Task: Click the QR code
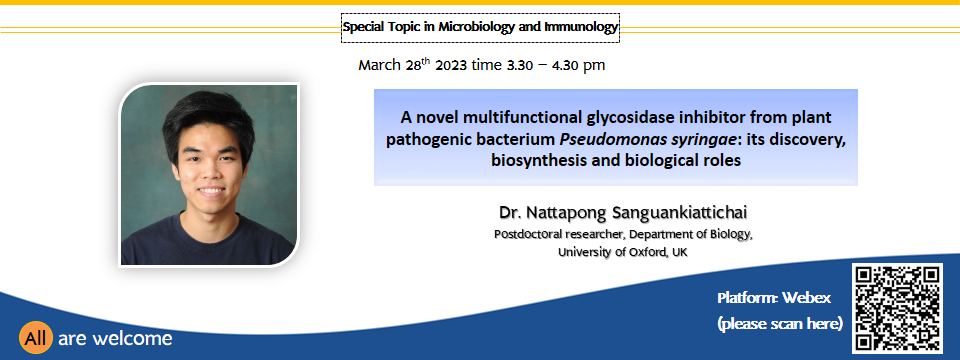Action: point(897,308)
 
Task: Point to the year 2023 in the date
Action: point(451,66)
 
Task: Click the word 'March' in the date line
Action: point(380,66)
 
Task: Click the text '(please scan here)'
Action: point(779,323)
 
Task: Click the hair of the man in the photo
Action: point(207,116)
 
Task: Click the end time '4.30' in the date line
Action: point(565,66)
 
